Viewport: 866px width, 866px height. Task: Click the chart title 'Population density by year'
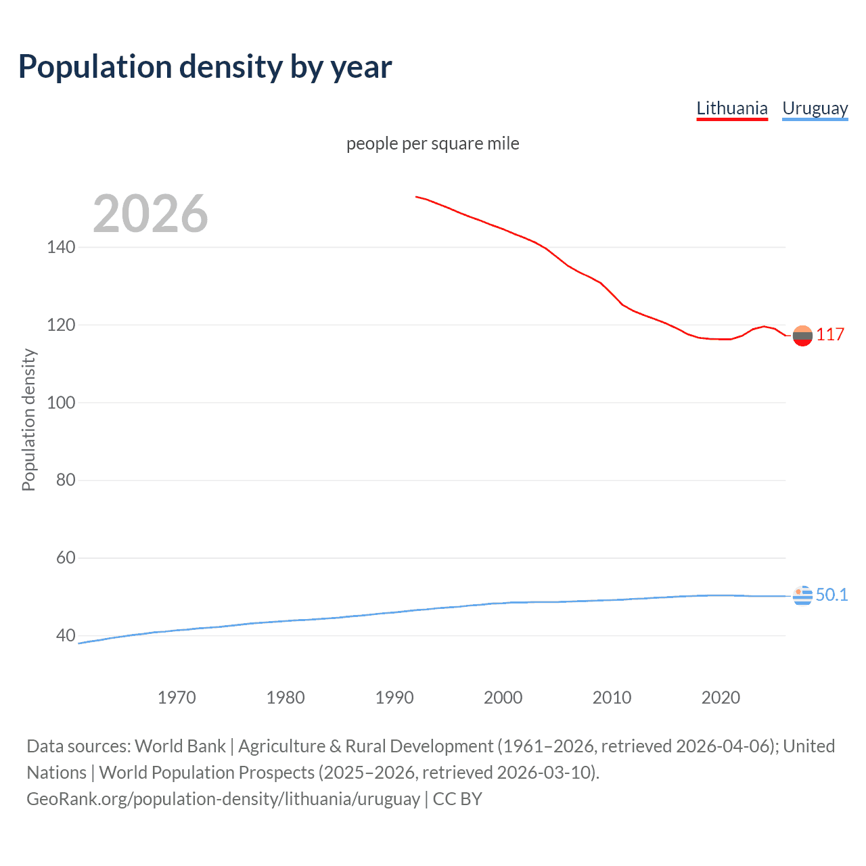(205, 67)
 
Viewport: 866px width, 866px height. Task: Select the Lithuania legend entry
(732, 108)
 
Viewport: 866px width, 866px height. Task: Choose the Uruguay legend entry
(815, 108)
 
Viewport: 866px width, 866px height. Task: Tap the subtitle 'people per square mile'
(433, 143)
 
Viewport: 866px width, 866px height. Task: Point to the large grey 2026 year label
(150, 214)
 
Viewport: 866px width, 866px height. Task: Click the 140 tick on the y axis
(61, 247)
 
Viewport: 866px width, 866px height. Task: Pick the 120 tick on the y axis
(61, 325)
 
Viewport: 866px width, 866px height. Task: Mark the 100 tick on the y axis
(61, 403)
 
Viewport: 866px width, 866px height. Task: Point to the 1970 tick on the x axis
(177, 698)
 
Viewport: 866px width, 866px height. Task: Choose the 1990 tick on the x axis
(394, 698)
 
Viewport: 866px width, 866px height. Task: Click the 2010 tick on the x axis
(612, 698)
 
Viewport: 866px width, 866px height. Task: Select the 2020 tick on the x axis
(721, 698)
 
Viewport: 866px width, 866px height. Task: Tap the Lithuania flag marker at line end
(802, 336)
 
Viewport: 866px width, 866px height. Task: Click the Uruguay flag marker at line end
(802, 595)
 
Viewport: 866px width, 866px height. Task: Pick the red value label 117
(830, 334)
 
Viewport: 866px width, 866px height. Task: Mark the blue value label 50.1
(831, 595)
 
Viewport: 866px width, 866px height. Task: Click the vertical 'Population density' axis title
(28, 419)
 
